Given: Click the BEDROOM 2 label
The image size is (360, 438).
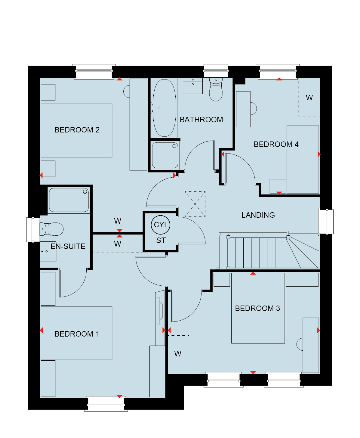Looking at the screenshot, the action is (x=77, y=130).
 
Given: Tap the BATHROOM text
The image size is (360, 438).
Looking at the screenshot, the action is (x=201, y=120).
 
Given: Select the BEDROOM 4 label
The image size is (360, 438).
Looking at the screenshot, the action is (x=276, y=144).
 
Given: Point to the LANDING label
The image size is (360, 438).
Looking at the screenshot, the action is (x=258, y=215).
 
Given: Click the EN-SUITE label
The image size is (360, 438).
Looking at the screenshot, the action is (x=68, y=246).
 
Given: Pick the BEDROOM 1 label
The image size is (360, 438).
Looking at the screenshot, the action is (x=77, y=334).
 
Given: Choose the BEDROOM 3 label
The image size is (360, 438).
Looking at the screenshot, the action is (x=257, y=309).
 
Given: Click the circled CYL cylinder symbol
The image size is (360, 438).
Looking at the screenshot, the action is (x=160, y=225).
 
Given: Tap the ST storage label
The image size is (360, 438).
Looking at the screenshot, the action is (x=161, y=241).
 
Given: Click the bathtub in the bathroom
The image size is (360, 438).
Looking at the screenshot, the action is (x=164, y=108).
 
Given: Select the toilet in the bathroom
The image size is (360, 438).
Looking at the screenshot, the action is (x=216, y=89).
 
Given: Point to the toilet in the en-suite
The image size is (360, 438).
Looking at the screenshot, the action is (x=51, y=229).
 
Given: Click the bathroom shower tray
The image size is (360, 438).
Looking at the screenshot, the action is (x=165, y=155).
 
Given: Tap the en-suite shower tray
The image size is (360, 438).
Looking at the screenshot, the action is (x=69, y=200).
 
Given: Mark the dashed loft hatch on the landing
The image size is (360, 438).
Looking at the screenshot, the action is (x=195, y=204).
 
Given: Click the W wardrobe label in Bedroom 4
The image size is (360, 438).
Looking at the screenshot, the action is (x=309, y=98).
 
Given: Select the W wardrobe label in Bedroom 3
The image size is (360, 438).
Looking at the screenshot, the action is (x=178, y=354).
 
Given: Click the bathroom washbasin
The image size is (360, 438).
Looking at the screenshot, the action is (x=192, y=86).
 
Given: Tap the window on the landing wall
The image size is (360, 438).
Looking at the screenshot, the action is (x=326, y=222).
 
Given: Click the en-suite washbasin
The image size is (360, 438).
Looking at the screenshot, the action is (x=48, y=251).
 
